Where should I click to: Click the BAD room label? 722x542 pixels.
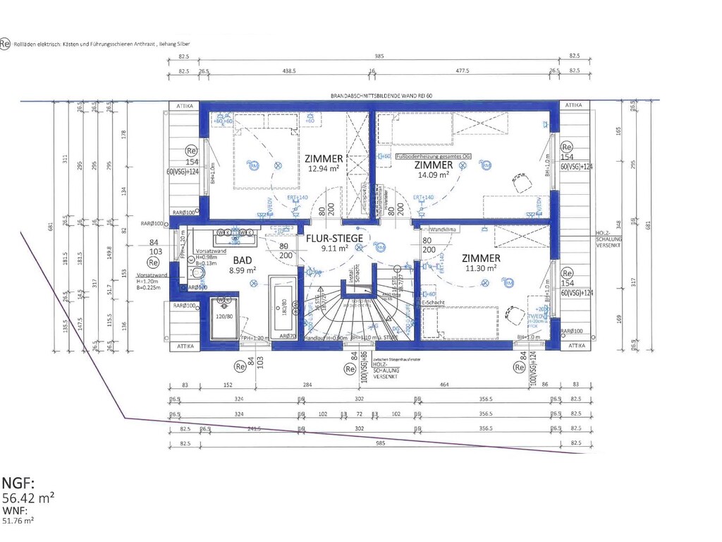pos(242,259)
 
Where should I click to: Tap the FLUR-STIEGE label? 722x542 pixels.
pos(334,238)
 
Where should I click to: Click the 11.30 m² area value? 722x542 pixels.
pos(481,268)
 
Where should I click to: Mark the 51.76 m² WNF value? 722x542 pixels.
pos(18,520)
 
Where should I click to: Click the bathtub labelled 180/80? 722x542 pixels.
pos(284,308)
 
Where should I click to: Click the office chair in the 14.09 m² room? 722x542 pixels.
pos(522,183)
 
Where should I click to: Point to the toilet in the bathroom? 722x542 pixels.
pos(197,273)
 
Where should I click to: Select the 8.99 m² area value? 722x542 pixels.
pos(242,270)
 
